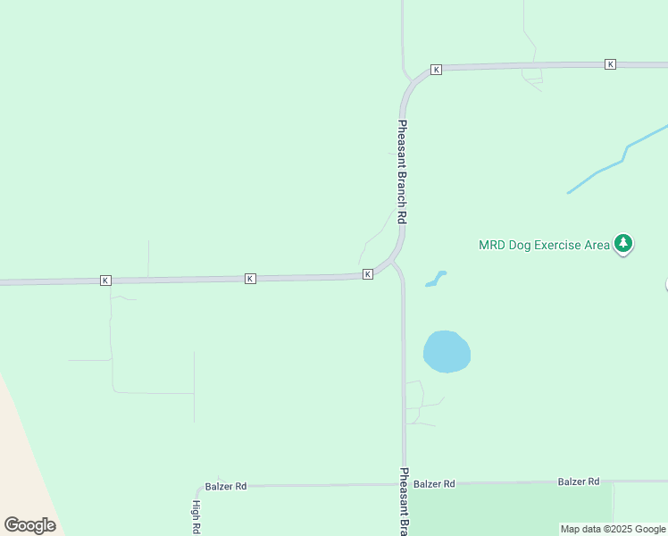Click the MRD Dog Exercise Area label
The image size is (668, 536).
click(x=544, y=245)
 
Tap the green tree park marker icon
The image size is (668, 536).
click(x=623, y=243)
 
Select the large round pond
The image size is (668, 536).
click(x=447, y=351)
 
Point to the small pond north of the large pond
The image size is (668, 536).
click(x=436, y=279)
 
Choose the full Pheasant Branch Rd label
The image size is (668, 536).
click(x=403, y=172)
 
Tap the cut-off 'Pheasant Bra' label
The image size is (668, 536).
click(x=404, y=500)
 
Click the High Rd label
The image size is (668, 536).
click(x=196, y=516)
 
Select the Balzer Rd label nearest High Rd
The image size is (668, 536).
click(x=226, y=487)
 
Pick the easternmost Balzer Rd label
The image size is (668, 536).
click(x=579, y=482)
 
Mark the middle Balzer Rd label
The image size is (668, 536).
click(x=435, y=484)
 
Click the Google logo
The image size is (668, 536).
click(x=30, y=525)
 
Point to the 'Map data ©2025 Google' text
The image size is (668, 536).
click(x=613, y=529)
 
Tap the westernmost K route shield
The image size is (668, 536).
click(x=105, y=281)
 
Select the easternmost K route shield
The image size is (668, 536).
click(x=610, y=64)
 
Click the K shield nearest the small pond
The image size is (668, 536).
click(x=367, y=274)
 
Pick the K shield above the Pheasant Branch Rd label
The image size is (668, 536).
click(x=437, y=70)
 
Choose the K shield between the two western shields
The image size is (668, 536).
click(x=250, y=279)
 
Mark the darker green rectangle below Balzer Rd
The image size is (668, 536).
click(x=509, y=509)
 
